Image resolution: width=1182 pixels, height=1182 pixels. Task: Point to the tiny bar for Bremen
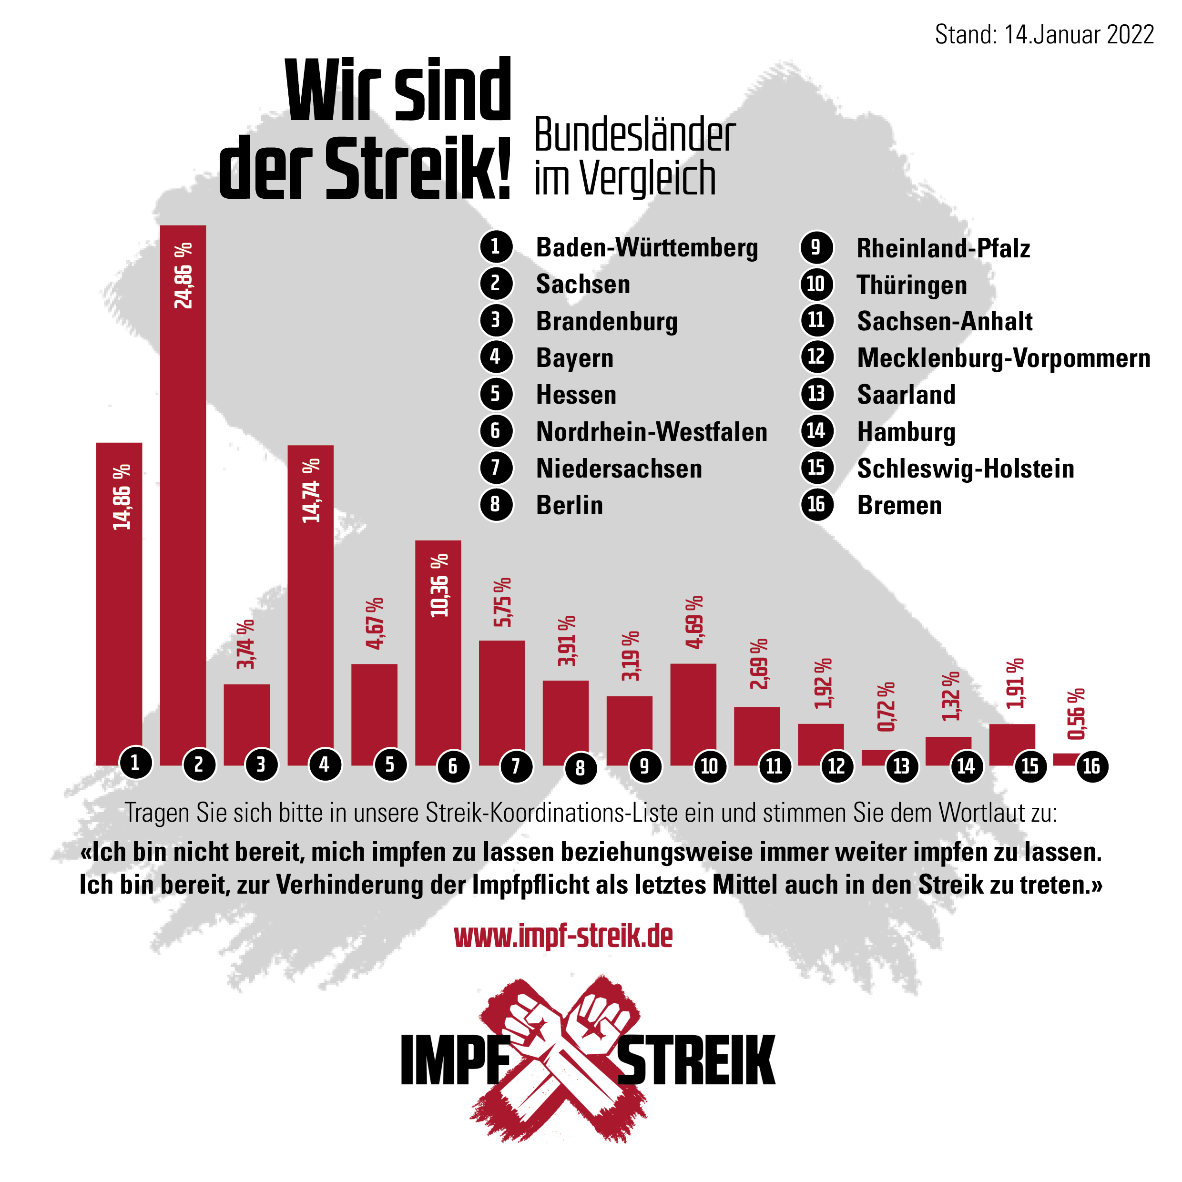tap(1065, 759)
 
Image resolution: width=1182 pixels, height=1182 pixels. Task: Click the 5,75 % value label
tap(502, 602)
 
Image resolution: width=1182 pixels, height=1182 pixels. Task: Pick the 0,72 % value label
tap(886, 707)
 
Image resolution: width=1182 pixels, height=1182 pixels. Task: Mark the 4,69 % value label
tap(694, 622)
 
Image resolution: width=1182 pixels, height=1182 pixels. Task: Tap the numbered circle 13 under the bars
tap(901, 766)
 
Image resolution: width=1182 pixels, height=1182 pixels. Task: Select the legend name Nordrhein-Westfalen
tap(652, 432)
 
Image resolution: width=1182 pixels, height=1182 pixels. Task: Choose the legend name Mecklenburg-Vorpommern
tap(1003, 358)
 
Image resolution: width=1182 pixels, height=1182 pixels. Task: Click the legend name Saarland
tap(906, 395)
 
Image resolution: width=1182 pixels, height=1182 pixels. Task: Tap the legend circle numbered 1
tap(496, 247)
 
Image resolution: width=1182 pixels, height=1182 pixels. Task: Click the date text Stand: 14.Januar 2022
tap(1044, 34)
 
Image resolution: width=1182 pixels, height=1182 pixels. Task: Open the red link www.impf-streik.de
tap(563, 936)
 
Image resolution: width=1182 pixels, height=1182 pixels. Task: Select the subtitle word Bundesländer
tap(634, 135)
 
